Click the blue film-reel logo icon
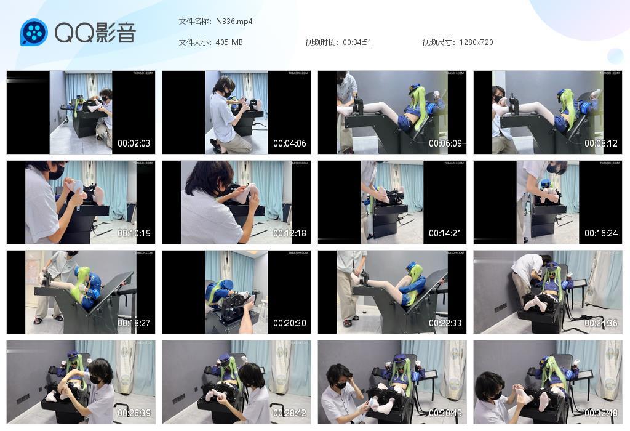click(34, 33)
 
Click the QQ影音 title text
click(95, 33)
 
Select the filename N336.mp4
click(234, 22)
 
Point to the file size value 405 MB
click(229, 42)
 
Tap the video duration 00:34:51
click(357, 42)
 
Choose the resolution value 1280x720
click(476, 42)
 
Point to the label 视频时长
click(321, 42)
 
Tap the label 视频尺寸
click(437, 42)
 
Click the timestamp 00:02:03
click(134, 143)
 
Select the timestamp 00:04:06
click(290, 143)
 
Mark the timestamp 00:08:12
click(601, 143)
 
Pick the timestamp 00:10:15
click(134, 233)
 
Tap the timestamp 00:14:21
click(445, 233)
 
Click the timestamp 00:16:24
click(601, 233)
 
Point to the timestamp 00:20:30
click(290, 323)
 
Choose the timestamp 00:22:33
click(445, 323)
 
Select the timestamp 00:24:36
click(601, 323)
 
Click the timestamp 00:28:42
click(290, 413)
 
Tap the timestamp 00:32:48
click(601, 413)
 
